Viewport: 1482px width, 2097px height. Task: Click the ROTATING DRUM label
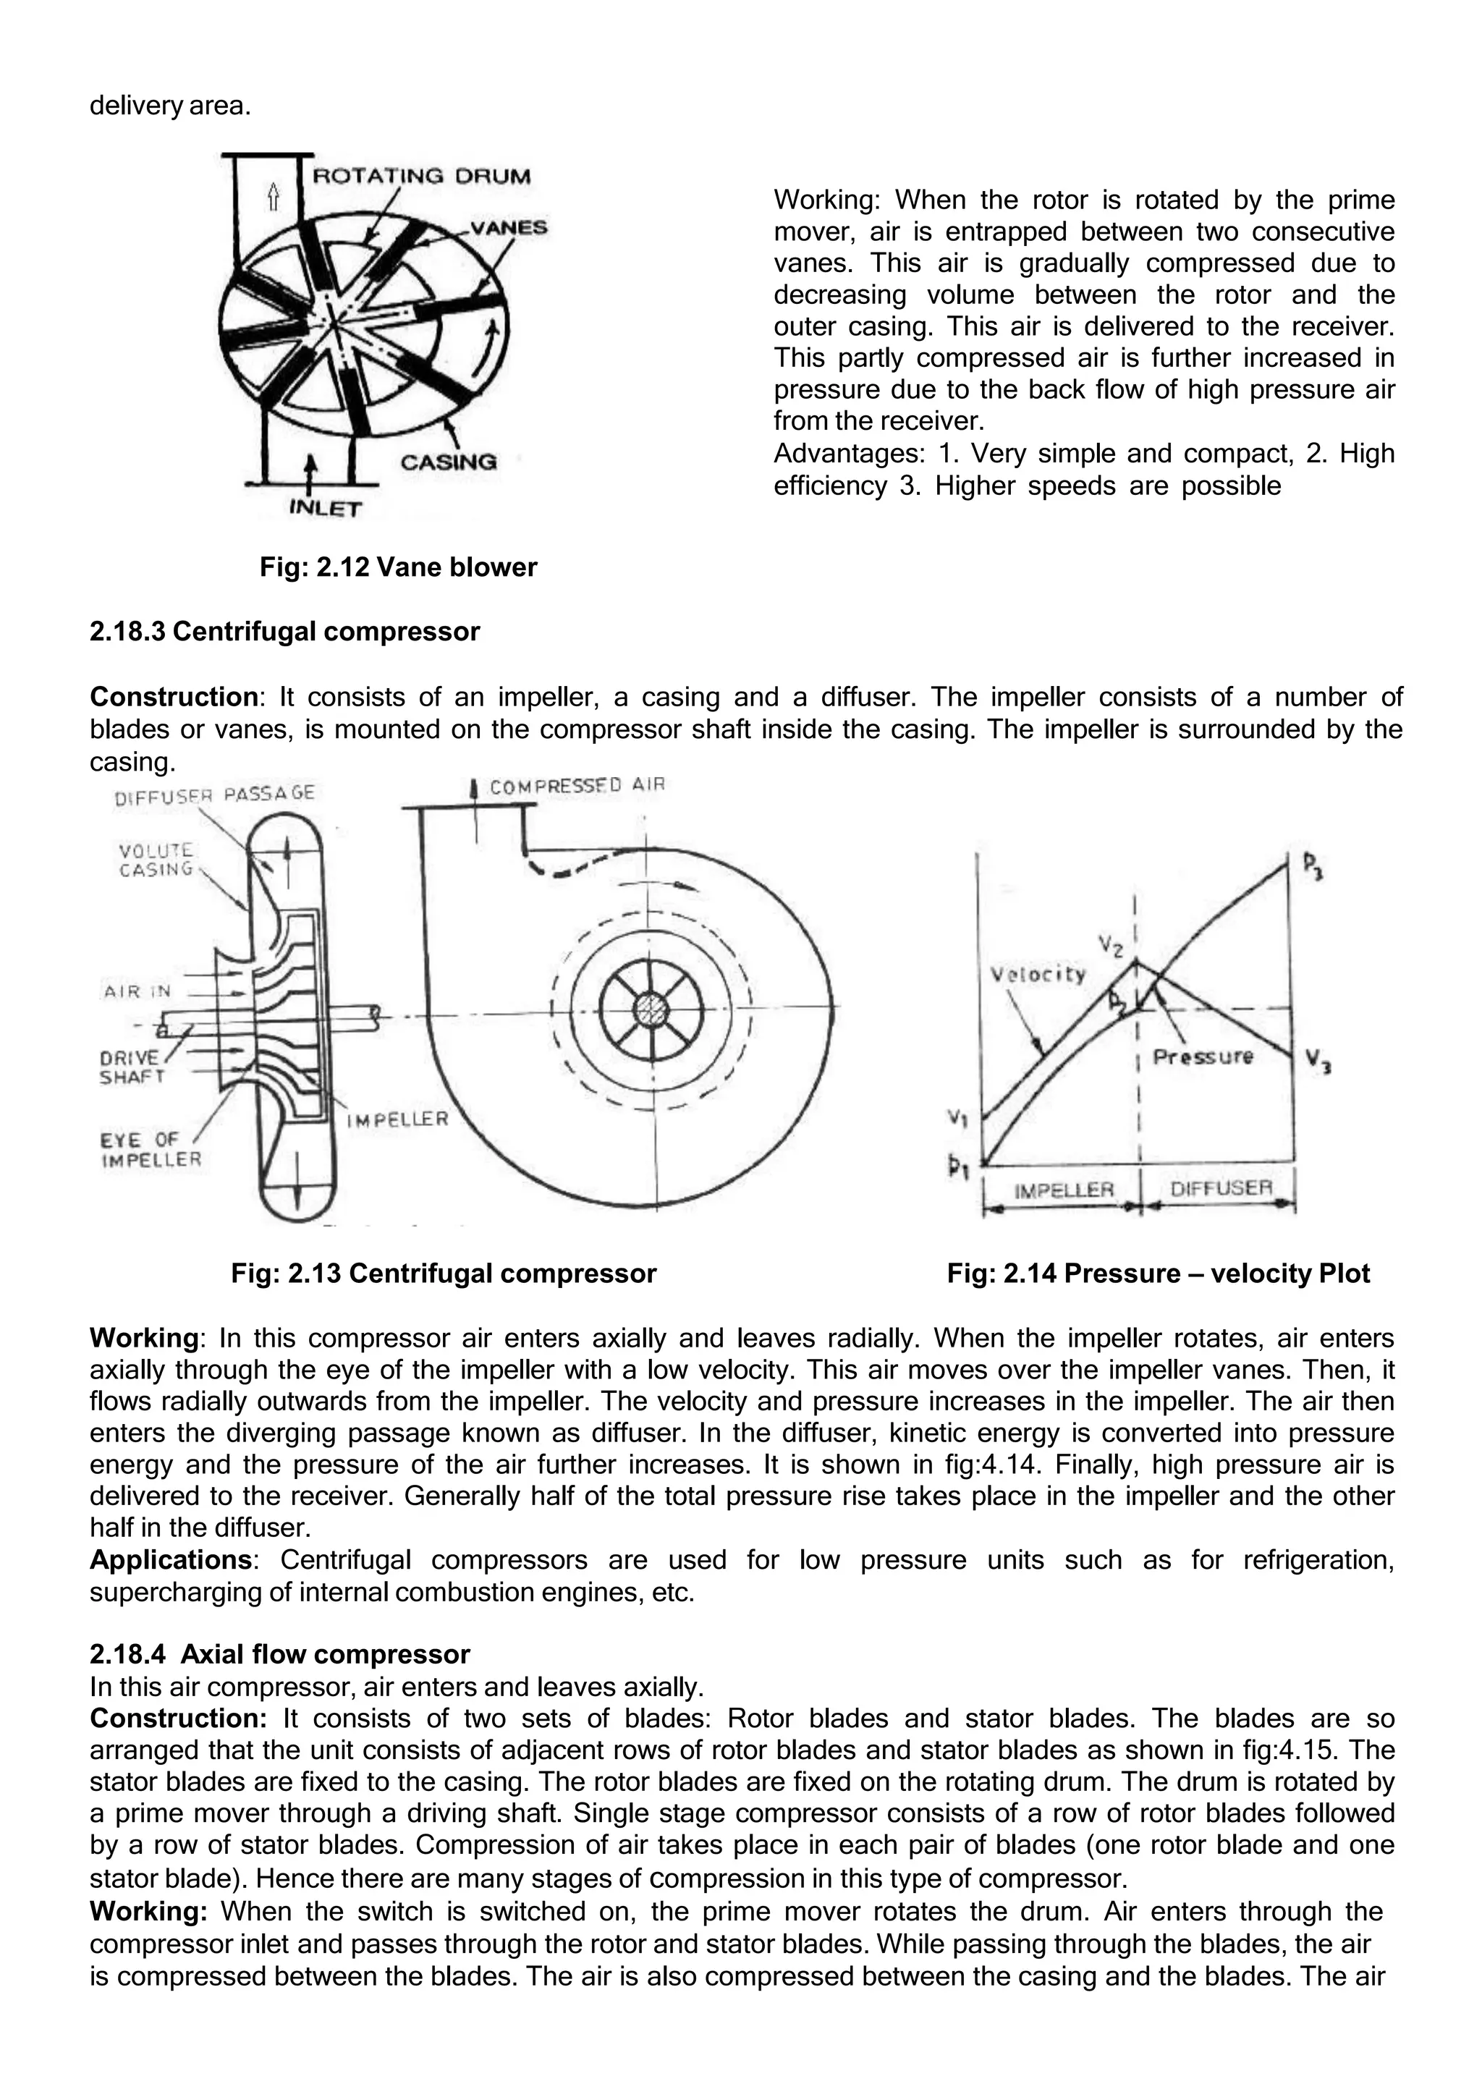pos(421,177)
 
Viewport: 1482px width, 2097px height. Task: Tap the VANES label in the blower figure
pos(509,227)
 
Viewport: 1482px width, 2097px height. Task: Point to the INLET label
pos(325,509)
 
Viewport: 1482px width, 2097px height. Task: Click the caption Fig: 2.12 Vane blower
pos(398,567)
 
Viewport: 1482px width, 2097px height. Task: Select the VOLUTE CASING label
pos(156,860)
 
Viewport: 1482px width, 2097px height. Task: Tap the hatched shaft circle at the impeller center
pos(651,1014)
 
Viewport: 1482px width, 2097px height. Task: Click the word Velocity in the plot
pos(1038,975)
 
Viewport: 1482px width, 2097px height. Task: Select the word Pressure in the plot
pos(1203,1056)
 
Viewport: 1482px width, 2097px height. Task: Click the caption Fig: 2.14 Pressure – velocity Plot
pos(1158,1274)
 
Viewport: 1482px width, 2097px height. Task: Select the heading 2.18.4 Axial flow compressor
pos(279,1654)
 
